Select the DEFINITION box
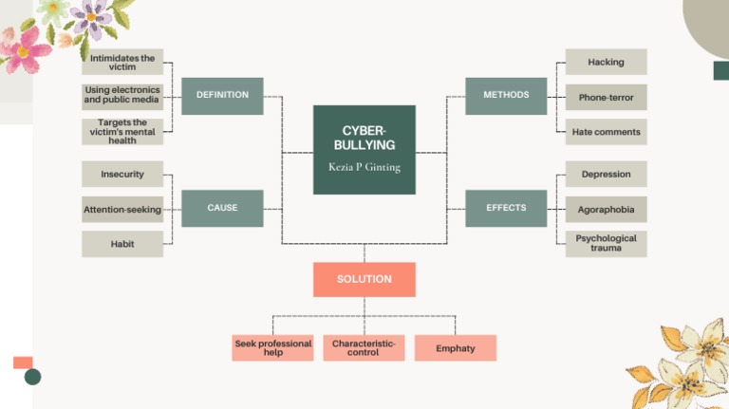tap(222, 96)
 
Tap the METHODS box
tap(506, 96)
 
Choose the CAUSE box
tap(222, 208)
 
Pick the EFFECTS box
tap(506, 208)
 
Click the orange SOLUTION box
tap(364, 279)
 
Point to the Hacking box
tap(606, 63)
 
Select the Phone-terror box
tap(606, 97)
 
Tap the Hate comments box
tap(606, 132)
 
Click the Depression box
tap(606, 175)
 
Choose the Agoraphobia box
tap(606, 209)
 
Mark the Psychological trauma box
tap(606, 244)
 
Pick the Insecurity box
tap(122, 175)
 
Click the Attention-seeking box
tap(122, 209)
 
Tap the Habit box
tap(122, 244)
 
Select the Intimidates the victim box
tap(122, 63)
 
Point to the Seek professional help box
tap(272, 348)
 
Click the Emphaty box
tap(456, 348)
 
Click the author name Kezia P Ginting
tap(364, 166)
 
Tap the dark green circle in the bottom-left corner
tap(32, 377)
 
